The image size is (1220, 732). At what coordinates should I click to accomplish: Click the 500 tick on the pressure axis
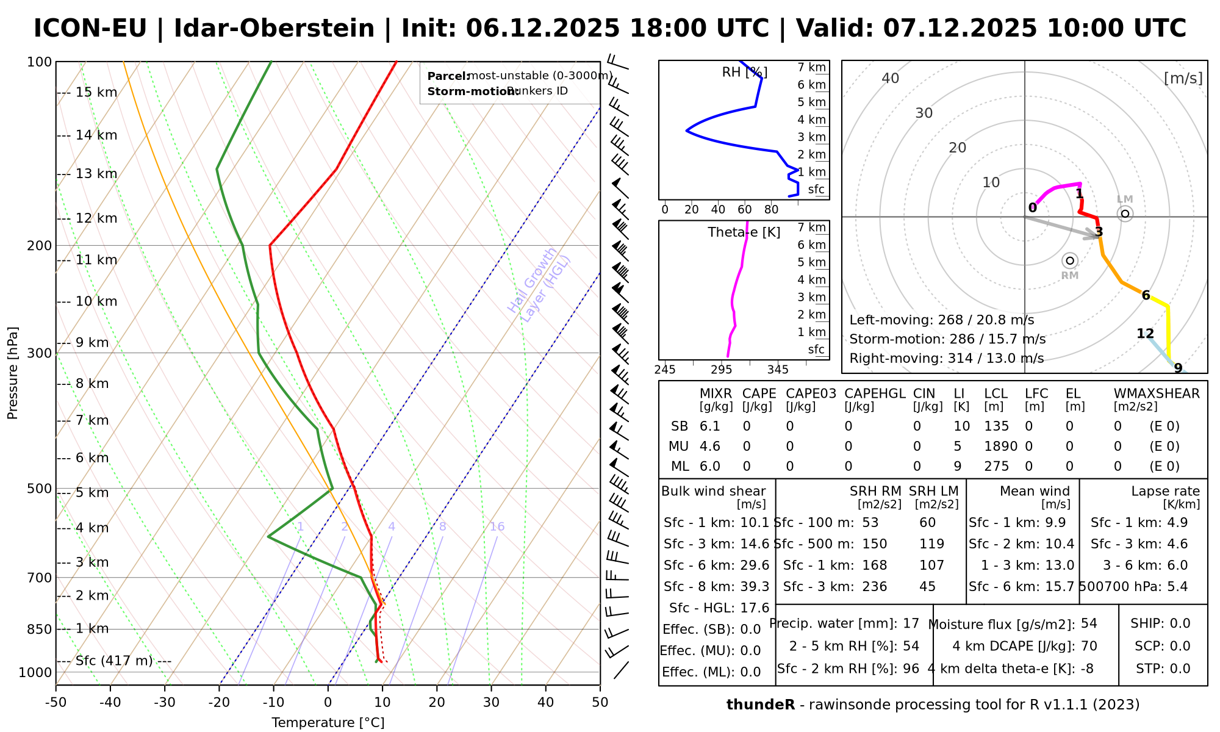[x=41, y=489]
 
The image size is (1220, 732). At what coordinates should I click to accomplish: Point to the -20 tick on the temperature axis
[x=219, y=702]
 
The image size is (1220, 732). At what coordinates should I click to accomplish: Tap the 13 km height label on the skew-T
[x=96, y=174]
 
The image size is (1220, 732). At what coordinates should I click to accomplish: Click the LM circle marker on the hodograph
[x=1125, y=213]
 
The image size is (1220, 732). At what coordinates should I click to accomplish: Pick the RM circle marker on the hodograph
[x=1070, y=261]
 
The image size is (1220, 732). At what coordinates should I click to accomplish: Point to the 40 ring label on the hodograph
[x=891, y=78]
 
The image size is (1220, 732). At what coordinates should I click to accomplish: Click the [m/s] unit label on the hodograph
[x=1183, y=78]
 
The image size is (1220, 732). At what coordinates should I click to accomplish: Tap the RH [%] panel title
[x=744, y=73]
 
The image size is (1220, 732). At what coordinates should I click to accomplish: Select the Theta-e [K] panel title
[x=744, y=232]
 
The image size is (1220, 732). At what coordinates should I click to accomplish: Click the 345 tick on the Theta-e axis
[x=778, y=370]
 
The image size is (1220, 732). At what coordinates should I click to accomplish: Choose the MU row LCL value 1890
[x=1000, y=447]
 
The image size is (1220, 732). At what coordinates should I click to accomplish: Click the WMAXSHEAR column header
[x=1157, y=393]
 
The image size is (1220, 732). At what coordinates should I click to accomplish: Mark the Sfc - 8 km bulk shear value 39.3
[x=755, y=587]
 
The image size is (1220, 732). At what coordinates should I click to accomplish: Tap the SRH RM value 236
[x=875, y=587]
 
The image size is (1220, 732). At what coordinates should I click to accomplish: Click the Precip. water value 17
[x=911, y=623]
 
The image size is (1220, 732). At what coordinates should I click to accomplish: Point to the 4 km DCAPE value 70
[x=1089, y=646]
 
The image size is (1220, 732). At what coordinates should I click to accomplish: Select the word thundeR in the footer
[x=761, y=705]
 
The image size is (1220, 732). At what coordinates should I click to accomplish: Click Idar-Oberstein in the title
[x=274, y=29]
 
